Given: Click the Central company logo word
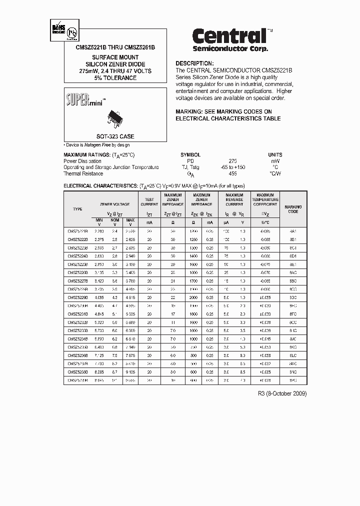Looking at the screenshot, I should [229, 36].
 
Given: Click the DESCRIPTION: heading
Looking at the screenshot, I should [194, 64].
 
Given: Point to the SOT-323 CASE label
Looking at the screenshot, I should [115, 136].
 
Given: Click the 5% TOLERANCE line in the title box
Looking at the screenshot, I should [115, 78].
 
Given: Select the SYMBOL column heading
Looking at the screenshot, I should [190, 155].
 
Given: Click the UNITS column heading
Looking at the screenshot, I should [275, 155].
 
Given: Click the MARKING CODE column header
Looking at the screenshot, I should [293, 209].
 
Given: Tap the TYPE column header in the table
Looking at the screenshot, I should [77, 209].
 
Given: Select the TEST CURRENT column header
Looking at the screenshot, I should [149, 202].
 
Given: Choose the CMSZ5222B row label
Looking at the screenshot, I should [77, 239].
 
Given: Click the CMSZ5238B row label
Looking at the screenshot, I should [77, 372].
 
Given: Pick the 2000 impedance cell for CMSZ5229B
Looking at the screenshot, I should [193, 297].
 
